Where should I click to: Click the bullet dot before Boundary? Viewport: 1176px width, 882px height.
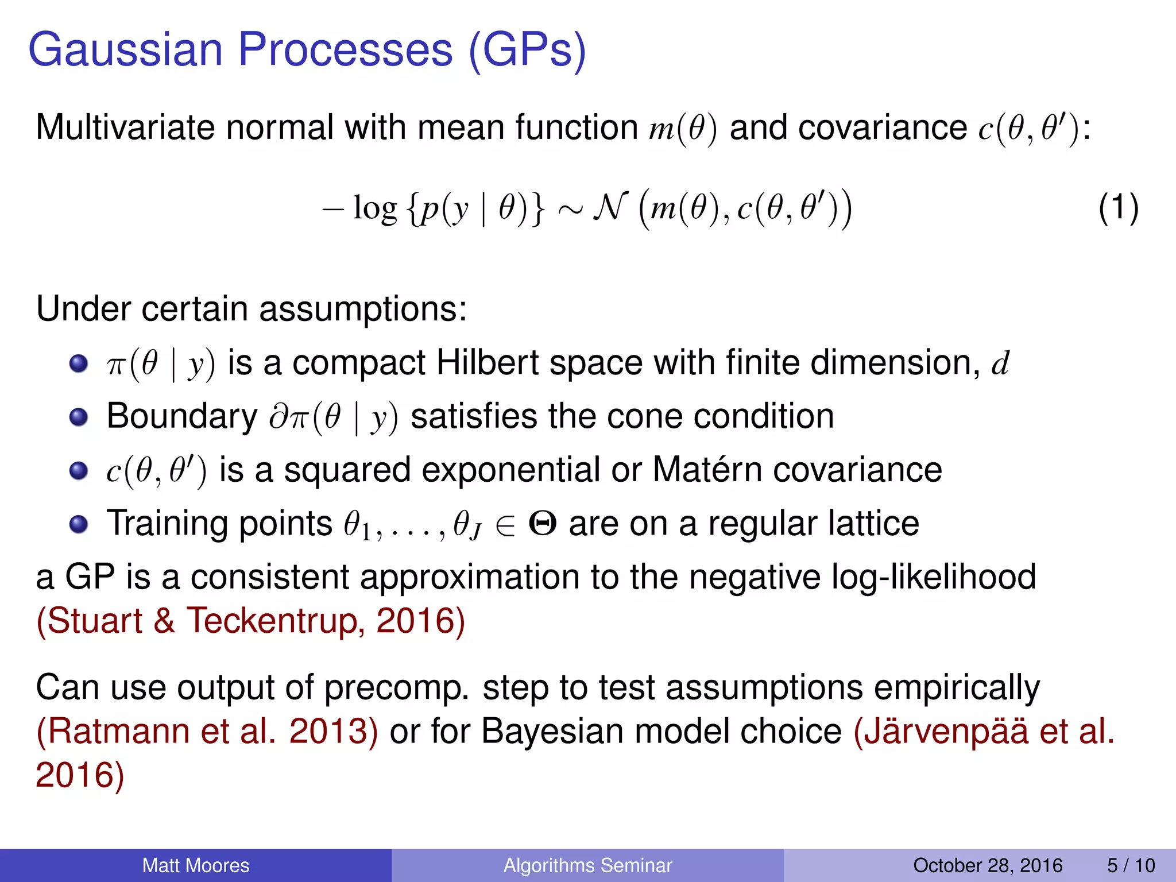(78, 417)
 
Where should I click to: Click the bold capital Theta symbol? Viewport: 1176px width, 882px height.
(542, 524)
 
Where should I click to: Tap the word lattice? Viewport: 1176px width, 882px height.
(873, 524)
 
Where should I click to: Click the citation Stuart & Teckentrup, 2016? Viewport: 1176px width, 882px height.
(250, 621)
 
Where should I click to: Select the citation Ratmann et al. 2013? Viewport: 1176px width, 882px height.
(207, 732)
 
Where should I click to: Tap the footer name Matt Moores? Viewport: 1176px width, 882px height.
(195, 865)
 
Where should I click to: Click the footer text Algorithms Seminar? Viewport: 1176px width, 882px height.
(587, 865)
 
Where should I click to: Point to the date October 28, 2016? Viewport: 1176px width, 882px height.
(987, 865)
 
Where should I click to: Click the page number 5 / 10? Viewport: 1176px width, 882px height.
(1130, 865)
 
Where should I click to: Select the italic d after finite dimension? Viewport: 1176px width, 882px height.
(1000, 363)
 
